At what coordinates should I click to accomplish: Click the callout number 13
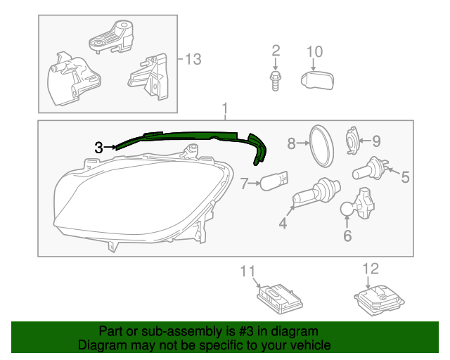[193, 59]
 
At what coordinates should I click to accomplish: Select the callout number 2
[276, 51]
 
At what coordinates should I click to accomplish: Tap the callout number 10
[315, 51]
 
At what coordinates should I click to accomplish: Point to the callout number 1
[225, 109]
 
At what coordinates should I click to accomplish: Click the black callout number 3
[98, 148]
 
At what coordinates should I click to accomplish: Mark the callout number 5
[404, 177]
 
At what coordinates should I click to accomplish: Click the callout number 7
[245, 184]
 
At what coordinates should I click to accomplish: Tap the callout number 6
[347, 236]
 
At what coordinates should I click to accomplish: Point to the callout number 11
[247, 271]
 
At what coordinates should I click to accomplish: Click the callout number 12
[371, 268]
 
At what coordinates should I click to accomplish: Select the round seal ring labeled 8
[321, 146]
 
